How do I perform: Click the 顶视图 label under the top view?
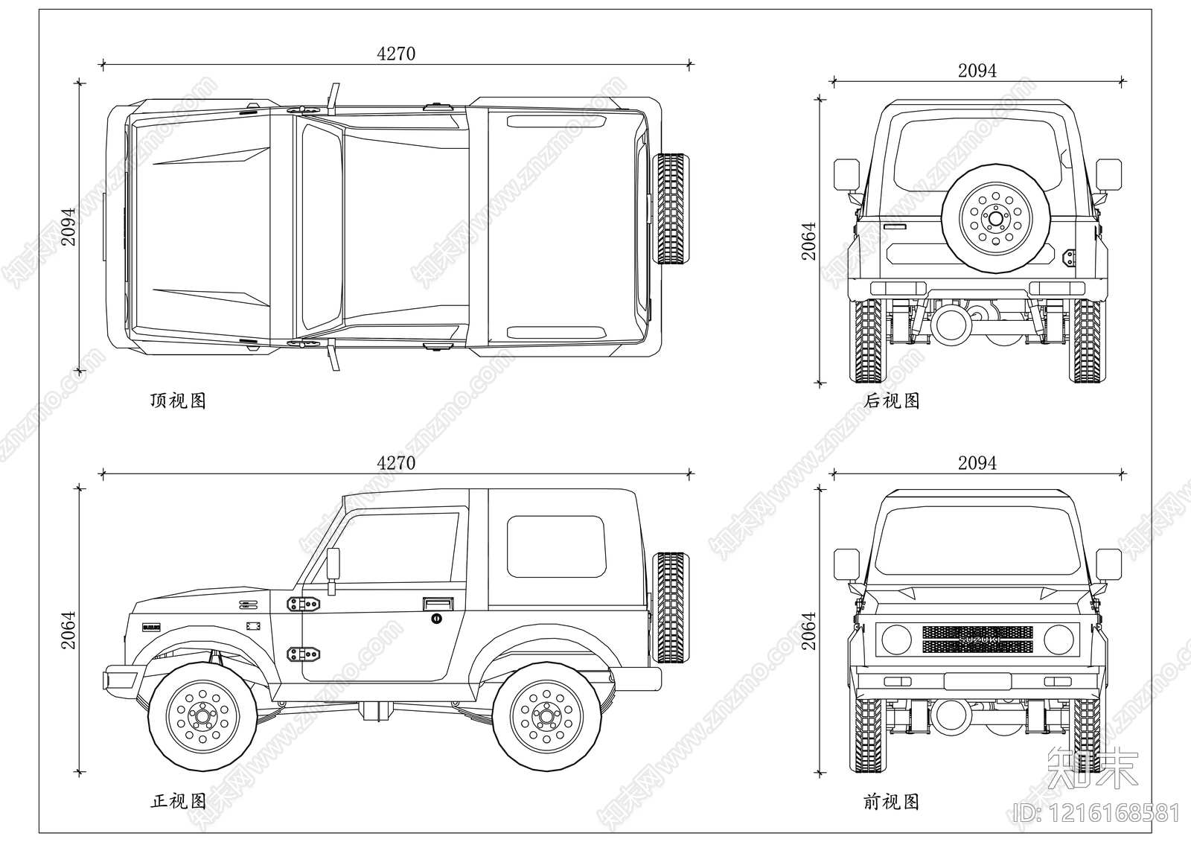(x=178, y=401)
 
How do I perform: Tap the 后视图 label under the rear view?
(x=892, y=401)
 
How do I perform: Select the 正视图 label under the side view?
(x=178, y=801)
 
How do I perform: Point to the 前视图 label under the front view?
(x=892, y=801)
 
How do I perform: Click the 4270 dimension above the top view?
(x=396, y=54)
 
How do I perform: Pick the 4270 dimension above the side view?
(x=396, y=462)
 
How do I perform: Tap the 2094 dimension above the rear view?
(x=977, y=70)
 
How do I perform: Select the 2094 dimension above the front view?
(x=977, y=462)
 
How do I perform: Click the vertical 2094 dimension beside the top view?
(x=68, y=226)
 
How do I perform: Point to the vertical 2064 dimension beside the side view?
(x=68, y=630)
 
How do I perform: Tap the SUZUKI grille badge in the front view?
(x=977, y=640)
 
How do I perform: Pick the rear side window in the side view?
(x=555, y=546)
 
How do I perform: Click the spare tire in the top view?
(x=671, y=209)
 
